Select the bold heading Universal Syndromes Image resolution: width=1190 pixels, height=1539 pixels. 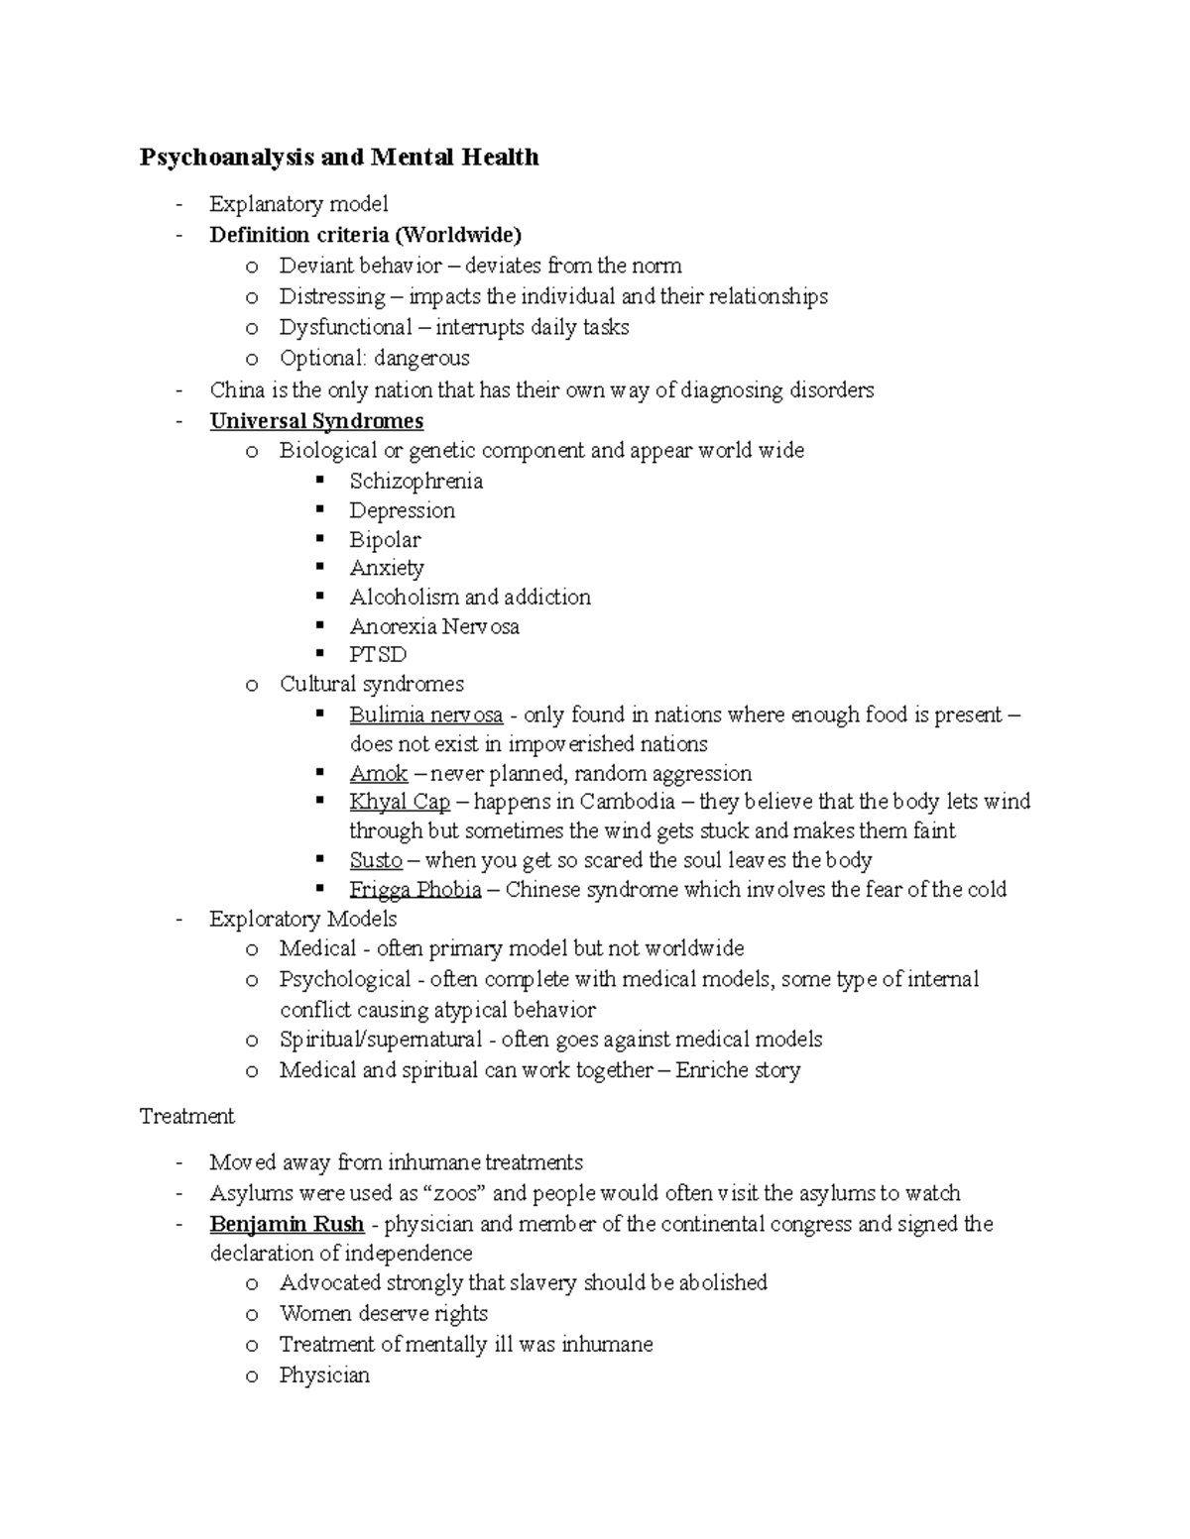316,421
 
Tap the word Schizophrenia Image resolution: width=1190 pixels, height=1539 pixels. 416,482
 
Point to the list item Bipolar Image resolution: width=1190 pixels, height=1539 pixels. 385,540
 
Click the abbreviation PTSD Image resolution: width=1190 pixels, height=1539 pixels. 378,655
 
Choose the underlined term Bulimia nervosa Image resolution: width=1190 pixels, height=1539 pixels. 425,715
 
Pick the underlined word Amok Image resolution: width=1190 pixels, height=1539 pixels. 379,774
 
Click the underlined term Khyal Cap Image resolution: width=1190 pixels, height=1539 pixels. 400,802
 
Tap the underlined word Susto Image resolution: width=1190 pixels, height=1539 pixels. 376,860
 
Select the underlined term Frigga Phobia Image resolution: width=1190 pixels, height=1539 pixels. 415,890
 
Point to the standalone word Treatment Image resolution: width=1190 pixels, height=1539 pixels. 187,1117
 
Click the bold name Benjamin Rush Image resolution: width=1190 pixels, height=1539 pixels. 287,1224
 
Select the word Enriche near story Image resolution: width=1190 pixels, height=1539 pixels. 711,1070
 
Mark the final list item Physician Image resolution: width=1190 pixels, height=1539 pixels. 324,1375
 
